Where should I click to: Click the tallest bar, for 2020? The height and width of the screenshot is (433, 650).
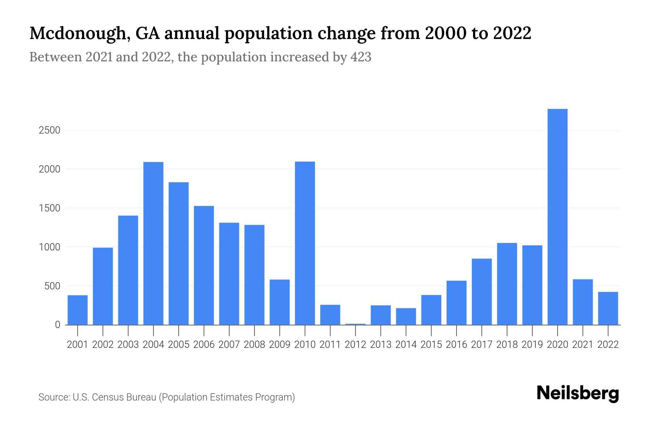pyautogui.click(x=557, y=216)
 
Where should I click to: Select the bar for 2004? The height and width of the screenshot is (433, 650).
pyautogui.click(x=153, y=243)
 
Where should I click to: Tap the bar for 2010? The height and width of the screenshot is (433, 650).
pyautogui.click(x=305, y=243)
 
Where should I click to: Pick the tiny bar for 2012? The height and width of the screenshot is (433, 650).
pyautogui.click(x=355, y=324)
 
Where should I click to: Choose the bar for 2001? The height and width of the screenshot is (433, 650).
pyautogui.click(x=78, y=310)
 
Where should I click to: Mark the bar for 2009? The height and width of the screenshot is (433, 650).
pyautogui.click(x=279, y=302)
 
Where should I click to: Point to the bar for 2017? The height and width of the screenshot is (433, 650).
pyautogui.click(x=481, y=292)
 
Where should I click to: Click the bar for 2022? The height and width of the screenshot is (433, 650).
pyautogui.click(x=608, y=308)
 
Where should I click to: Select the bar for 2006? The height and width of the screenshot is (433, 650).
pyautogui.click(x=204, y=265)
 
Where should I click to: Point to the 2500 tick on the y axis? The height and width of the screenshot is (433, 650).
pyautogui.click(x=49, y=130)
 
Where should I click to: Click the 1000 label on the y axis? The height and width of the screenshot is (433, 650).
pyautogui.click(x=49, y=247)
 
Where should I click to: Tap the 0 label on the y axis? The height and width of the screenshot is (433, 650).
pyautogui.click(x=57, y=325)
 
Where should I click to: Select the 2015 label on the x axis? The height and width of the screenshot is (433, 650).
pyautogui.click(x=431, y=345)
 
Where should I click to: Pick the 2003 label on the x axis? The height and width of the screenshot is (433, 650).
pyautogui.click(x=128, y=345)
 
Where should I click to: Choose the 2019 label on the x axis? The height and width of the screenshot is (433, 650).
pyautogui.click(x=532, y=345)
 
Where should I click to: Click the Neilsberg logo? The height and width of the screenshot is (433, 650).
pyautogui.click(x=578, y=393)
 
